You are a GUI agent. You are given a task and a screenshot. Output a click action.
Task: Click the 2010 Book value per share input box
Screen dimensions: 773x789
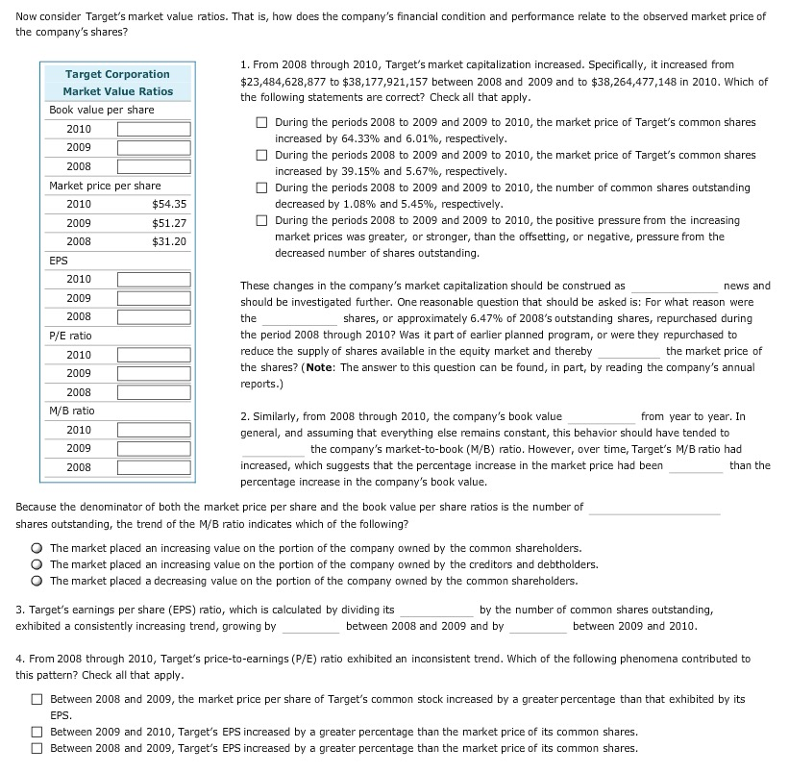pyautogui.click(x=154, y=129)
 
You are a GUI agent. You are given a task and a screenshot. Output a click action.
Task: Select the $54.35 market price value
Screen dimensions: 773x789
pyautogui.click(x=169, y=204)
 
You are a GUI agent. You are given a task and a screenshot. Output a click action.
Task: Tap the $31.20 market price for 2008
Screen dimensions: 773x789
pyautogui.click(x=169, y=241)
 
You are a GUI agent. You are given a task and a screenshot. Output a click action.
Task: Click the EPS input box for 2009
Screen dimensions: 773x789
pyautogui.click(x=154, y=298)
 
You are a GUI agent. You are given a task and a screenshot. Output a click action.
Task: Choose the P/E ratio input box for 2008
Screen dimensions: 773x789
pyautogui.click(x=154, y=392)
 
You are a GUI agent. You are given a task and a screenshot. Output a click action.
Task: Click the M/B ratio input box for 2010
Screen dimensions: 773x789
pyautogui.click(x=154, y=430)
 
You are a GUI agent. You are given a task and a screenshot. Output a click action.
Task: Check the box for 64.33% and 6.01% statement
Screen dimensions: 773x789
pyautogui.click(x=262, y=123)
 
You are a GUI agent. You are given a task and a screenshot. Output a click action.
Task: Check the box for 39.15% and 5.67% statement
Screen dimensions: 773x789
pyautogui.click(x=262, y=156)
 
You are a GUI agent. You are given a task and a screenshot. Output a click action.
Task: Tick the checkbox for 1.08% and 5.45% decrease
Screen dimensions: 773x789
pyautogui.click(x=262, y=188)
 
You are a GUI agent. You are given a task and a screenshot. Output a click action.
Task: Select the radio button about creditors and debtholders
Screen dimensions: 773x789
pyautogui.click(x=38, y=564)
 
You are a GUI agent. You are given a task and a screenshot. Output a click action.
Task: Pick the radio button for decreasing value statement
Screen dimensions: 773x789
pyautogui.click(x=38, y=581)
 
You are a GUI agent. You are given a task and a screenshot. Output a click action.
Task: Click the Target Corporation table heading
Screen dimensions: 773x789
pyautogui.click(x=117, y=74)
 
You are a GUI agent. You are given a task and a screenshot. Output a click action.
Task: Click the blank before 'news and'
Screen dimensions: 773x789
pyautogui.click(x=673, y=287)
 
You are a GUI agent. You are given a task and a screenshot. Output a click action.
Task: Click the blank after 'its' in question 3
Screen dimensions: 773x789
pyautogui.click(x=435, y=611)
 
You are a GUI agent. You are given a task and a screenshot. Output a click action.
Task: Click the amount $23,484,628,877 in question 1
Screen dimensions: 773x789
pyautogui.click(x=293, y=81)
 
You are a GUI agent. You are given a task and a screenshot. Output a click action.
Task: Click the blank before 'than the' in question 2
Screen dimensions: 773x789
pyautogui.click(x=696, y=466)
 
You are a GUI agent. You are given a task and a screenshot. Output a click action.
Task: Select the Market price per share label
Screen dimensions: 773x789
pyautogui.click(x=105, y=186)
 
